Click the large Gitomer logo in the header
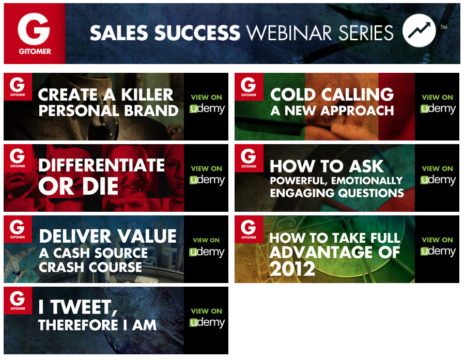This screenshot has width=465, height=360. pos(35,34)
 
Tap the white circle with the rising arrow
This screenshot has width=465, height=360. pos(419,30)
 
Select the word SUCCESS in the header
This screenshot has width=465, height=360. pos(197,33)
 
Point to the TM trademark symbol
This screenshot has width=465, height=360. pos(444,27)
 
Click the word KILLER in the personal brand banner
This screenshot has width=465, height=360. pos(147,95)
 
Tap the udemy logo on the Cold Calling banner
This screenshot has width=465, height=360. pos(438,109)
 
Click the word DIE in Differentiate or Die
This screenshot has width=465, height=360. pos(100,186)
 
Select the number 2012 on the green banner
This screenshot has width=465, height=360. pos(292,269)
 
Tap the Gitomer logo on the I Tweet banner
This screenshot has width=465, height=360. pos(18,301)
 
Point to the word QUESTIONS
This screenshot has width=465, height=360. pos(371,193)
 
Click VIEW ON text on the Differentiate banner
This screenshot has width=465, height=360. pos(206,168)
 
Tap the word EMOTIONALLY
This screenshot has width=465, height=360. pos(367,181)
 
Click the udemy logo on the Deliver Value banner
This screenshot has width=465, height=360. pos(207,252)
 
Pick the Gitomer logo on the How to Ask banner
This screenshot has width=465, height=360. pos(249,159)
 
